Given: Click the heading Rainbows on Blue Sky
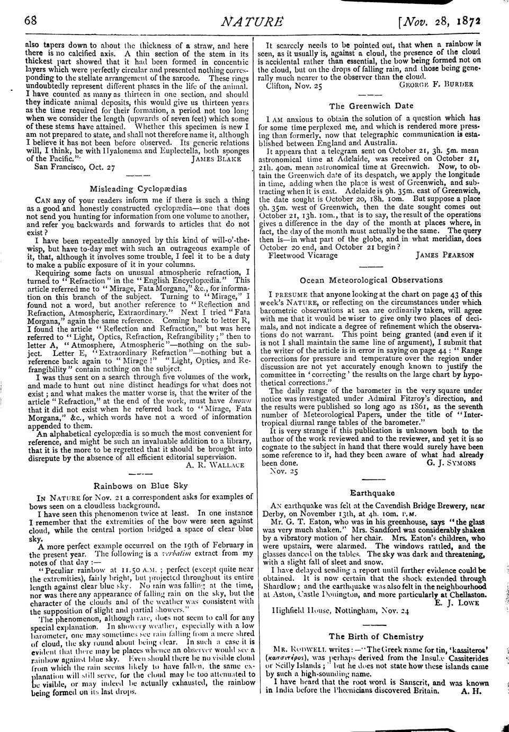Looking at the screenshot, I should (140, 485).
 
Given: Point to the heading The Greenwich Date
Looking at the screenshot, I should (371, 106).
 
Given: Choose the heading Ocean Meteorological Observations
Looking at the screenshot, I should (371, 280).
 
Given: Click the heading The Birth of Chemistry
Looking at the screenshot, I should (376, 636).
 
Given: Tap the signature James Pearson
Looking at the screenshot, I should (445, 255).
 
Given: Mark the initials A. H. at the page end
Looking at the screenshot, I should (471, 691).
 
